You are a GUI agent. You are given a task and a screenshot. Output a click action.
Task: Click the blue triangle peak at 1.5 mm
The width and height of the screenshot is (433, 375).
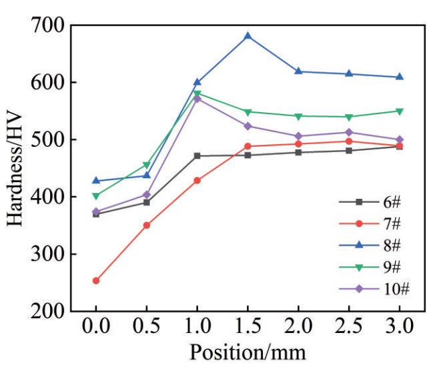(x=248, y=35)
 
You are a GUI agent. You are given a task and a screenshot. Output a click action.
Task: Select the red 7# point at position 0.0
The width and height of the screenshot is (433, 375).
(x=96, y=281)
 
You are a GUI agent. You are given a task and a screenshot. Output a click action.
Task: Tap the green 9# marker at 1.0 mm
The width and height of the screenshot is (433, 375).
(x=197, y=93)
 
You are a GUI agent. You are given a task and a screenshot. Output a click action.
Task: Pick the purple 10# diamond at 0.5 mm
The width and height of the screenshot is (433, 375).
(x=147, y=195)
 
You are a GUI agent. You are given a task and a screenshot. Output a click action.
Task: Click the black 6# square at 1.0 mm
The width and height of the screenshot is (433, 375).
(x=197, y=156)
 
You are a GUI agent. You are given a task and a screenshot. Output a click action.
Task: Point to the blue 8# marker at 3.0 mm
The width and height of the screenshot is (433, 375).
(x=399, y=77)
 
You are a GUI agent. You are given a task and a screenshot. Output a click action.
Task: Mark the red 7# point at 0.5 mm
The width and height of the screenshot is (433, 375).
(x=147, y=226)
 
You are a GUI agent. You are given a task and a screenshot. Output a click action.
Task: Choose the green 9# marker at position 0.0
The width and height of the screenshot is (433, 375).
(x=96, y=196)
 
